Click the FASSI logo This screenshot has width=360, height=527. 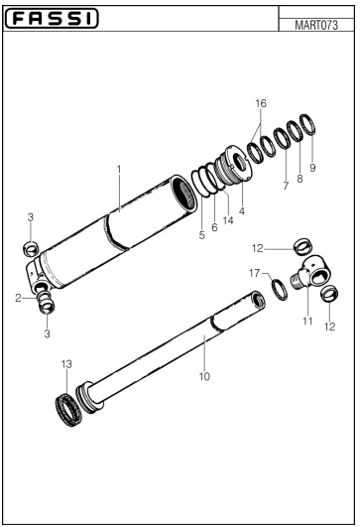coord(51,19)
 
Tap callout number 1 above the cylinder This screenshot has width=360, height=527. coord(118,170)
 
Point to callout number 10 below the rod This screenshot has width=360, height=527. coord(204,376)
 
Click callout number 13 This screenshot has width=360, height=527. coord(66,364)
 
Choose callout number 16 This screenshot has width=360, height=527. coord(261,103)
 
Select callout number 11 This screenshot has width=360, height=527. coord(307,321)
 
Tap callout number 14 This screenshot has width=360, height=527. coord(228,220)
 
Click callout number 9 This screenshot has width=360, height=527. coord(312,168)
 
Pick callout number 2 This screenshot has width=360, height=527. coord(20,296)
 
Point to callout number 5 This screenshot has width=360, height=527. coord(201,235)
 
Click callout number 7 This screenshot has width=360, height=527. coord(286,186)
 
